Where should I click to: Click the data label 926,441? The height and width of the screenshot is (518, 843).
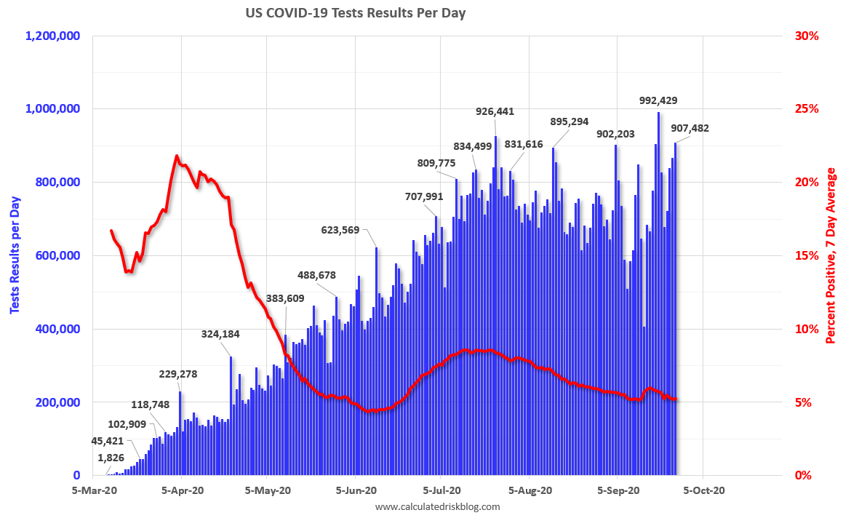495,111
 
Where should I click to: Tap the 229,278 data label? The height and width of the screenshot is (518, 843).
178,374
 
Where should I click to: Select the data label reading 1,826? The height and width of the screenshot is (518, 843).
111,458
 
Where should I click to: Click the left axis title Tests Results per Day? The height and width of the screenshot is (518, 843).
15,255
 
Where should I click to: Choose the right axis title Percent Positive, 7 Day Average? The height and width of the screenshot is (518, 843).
830,255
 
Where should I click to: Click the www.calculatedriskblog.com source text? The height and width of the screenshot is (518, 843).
437,506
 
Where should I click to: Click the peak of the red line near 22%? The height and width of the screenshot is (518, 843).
177,156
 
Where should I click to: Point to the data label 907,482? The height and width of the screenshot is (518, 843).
690,128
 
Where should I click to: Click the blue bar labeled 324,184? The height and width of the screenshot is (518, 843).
231,415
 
